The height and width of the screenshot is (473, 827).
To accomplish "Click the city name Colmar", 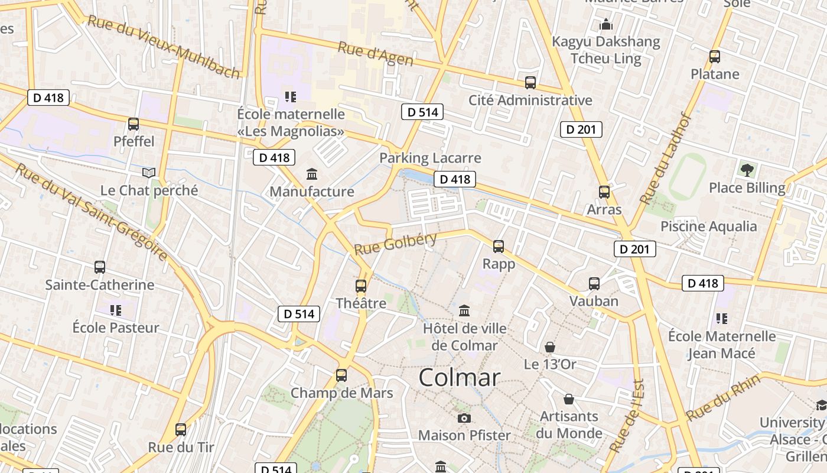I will click(x=460, y=378).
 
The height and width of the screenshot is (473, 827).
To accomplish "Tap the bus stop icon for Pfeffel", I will click(x=134, y=124).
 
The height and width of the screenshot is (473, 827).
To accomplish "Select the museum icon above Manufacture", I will click(x=311, y=174).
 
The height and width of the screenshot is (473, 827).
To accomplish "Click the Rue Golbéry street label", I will click(x=395, y=244).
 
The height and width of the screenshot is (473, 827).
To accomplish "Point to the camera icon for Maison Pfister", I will click(x=464, y=418).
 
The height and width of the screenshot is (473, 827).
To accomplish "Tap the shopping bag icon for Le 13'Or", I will click(x=550, y=346).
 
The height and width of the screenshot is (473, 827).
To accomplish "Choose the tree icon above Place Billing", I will click(x=747, y=170).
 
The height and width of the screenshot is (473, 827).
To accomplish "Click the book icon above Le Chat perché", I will click(x=149, y=173).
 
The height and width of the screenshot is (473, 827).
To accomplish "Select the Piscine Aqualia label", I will click(x=708, y=226).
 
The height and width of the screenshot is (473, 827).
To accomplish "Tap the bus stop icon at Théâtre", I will click(x=361, y=286).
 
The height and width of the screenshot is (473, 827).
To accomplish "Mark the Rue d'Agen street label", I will click(x=375, y=54).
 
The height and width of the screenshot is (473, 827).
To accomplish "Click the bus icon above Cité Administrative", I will click(x=530, y=83).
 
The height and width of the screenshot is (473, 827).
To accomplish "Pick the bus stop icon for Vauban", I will click(x=594, y=284).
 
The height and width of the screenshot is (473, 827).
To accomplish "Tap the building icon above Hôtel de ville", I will click(x=464, y=310).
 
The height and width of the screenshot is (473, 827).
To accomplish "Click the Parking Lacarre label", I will click(x=430, y=158).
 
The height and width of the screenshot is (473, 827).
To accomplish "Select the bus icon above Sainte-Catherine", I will click(x=100, y=267).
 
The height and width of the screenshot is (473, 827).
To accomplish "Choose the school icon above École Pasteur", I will click(x=116, y=310).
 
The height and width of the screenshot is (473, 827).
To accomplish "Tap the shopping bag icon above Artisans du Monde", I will click(x=569, y=399).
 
